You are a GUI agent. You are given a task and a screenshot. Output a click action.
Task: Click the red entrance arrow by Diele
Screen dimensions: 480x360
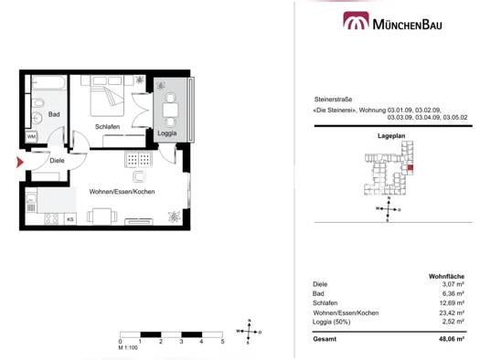point(19,162)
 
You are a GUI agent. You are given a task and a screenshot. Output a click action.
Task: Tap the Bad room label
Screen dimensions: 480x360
point(54,114)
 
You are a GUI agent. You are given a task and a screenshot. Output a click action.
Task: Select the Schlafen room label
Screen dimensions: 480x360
point(107,127)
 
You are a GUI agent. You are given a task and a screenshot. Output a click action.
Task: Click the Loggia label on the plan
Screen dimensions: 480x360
point(166,133)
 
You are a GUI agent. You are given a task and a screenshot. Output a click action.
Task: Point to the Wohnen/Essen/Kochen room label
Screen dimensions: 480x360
point(122,192)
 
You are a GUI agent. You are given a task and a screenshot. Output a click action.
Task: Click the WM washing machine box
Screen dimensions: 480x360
point(31,136)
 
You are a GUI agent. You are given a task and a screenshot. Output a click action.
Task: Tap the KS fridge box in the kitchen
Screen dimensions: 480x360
point(70,219)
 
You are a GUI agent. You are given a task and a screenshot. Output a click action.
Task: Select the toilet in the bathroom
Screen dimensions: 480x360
point(38,104)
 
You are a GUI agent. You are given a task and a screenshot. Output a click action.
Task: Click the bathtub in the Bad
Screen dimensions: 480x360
point(49,82)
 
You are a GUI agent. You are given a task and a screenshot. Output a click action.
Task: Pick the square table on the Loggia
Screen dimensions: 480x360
point(170,111)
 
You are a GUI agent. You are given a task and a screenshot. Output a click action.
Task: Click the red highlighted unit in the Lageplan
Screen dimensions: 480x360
point(411,167)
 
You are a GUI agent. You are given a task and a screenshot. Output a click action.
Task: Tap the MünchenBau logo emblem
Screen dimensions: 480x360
point(356,20)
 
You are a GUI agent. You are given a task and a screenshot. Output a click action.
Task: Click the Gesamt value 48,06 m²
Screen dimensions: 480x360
point(452,339)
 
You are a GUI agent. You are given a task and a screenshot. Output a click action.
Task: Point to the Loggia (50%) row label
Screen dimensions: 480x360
point(332,322)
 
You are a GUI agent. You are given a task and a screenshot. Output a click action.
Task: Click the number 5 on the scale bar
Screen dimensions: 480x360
point(222,342)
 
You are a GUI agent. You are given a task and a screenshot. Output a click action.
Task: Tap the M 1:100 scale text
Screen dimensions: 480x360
point(128,348)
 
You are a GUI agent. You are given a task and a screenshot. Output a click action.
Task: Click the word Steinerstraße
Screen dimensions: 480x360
point(333,100)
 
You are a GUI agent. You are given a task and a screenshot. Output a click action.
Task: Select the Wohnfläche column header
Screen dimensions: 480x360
point(446,277)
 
